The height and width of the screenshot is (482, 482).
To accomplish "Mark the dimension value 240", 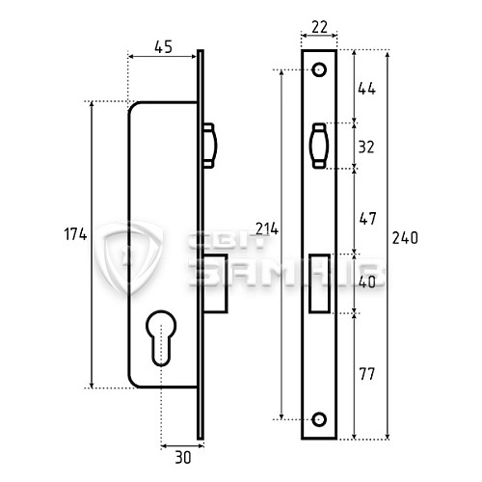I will tap(408, 237).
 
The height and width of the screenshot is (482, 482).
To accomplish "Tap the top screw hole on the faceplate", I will tap(319, 70).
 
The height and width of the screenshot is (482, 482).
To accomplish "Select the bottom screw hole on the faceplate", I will tap(319, 420).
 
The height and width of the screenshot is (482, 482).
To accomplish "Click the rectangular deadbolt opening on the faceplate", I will tap(319, 282).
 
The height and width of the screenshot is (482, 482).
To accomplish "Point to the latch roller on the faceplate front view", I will tap(319, 147).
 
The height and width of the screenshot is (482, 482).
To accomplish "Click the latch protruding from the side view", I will tap(211, 147).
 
